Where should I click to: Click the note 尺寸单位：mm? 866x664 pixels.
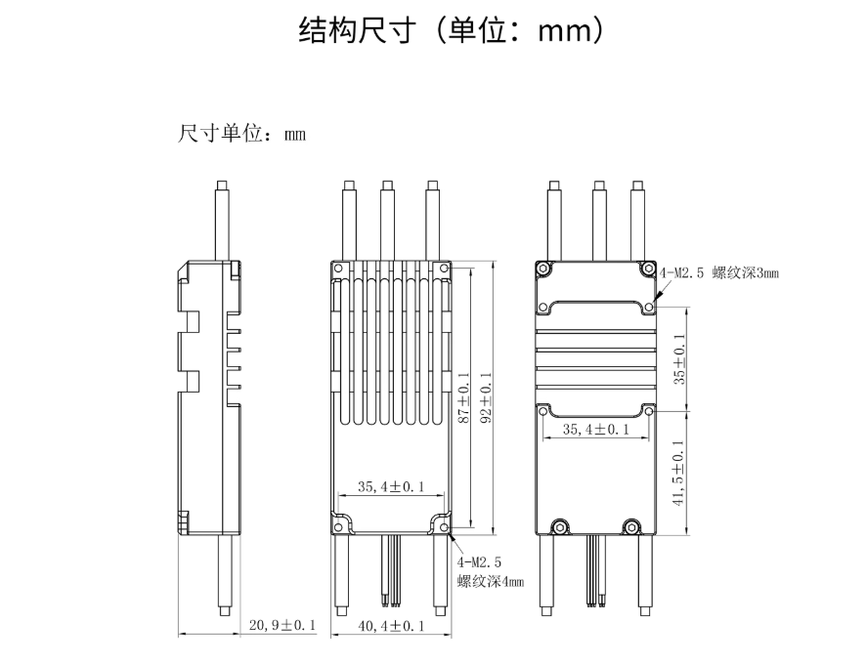241,134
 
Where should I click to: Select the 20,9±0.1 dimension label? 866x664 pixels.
282,625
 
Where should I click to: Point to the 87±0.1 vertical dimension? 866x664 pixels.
464,398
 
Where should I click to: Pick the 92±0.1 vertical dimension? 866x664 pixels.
486,398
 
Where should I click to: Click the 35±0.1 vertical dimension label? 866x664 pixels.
679,358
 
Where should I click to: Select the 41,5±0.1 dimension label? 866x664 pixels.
679,473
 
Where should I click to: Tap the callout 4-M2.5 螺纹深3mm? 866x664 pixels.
719,273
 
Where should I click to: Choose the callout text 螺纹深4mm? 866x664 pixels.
491,582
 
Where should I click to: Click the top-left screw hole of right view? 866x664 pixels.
543,269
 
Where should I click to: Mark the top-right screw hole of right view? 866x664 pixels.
647,269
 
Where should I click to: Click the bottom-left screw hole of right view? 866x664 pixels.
560,527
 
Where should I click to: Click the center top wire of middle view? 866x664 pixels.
387,220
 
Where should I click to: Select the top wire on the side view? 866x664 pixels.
223,220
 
